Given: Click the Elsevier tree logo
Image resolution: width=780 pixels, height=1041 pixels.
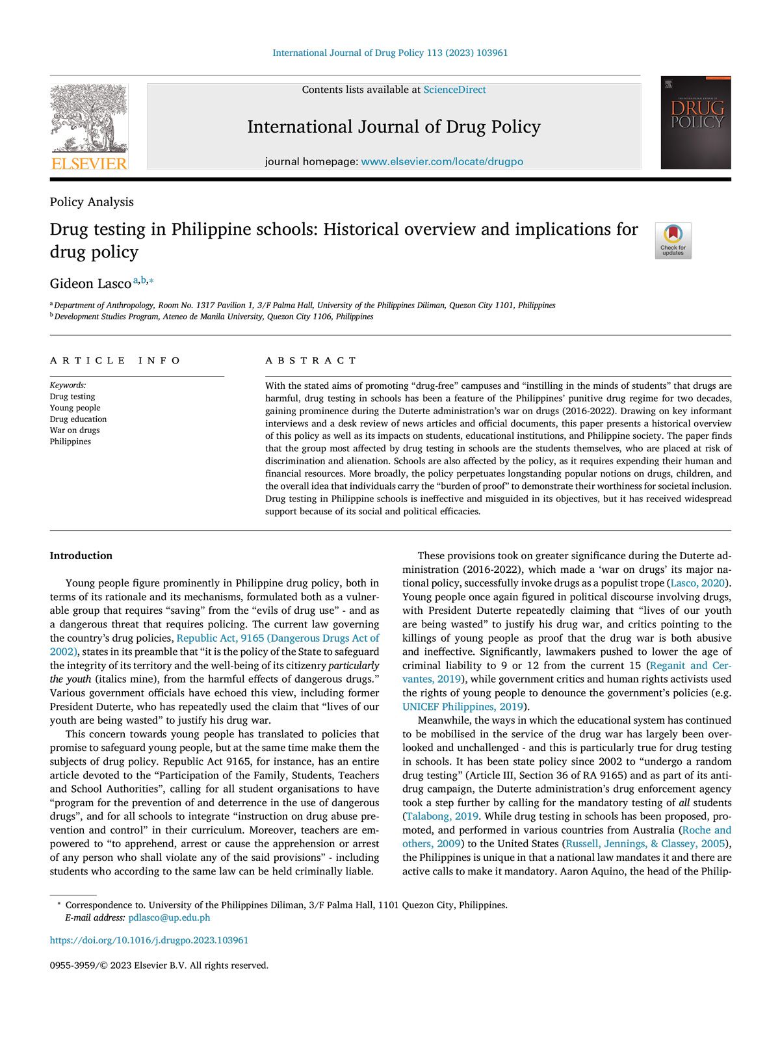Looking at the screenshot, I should pyautogui.click(x=89, y=127).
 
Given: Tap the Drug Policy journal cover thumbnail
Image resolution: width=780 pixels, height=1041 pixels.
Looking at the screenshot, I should pyautogui.click(x=695, y=123).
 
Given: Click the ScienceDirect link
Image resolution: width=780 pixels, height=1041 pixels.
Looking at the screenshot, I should pyautogui.click(x=454, y=90).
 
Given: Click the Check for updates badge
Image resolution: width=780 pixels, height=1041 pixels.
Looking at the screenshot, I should pyautogui.click(x=673, y=241).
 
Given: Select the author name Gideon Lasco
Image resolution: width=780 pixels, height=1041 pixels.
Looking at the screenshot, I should pyautogui.click(x=90, y=283).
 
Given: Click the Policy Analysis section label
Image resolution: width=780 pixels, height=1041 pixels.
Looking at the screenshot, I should pyautogui.click(x=92, y=202).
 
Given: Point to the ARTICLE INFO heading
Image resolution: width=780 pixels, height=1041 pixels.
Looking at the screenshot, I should pyautogui.click(x=116, y=360).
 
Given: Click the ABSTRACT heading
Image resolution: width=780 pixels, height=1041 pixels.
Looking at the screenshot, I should pyautogui.click(x=311, y=360).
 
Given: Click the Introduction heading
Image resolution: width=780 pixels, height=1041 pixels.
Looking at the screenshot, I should pyautogui.click(x=81, y=555).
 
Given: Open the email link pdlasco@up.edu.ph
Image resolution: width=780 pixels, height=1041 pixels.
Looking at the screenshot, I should pyautogui.click(x=169, y=917).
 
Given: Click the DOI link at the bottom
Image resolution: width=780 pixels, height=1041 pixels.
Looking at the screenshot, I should pyautogui.click(x=149, y=940).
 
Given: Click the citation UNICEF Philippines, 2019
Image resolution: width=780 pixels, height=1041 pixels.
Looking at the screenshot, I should pyautogui.click(x=462, y=706).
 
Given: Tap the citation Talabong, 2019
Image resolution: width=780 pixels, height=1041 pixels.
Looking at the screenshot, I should pyautogui.click(x=442, y=816).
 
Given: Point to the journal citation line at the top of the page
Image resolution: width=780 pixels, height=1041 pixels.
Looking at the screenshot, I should pyautogui.click(x=390, y=53).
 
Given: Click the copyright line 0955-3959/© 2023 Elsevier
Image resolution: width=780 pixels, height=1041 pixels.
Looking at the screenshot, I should pyautogui.click(x=159, y=965).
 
